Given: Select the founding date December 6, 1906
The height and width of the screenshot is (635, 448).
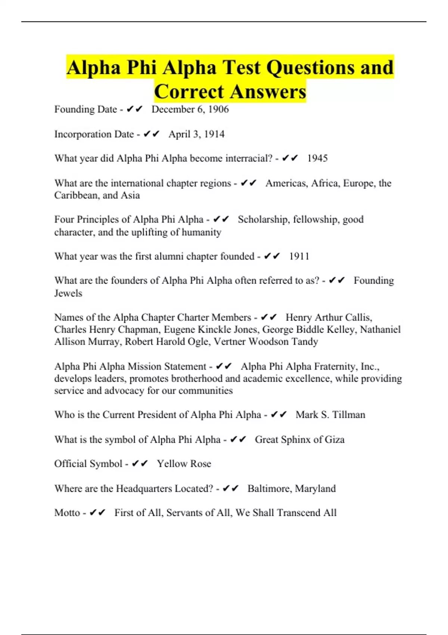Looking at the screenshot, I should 190,109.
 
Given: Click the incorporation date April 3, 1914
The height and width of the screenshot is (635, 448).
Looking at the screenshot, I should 196,134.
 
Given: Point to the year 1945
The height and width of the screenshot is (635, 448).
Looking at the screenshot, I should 317,158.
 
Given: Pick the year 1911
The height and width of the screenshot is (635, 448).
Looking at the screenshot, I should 299,257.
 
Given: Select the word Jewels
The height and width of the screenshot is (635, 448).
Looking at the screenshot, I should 68,293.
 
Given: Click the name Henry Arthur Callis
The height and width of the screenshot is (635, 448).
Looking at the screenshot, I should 329,317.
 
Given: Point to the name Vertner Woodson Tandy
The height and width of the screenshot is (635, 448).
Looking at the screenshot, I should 266,342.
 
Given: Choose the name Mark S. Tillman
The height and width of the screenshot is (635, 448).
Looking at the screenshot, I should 330,415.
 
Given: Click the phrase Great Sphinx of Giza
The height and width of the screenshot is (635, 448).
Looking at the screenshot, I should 299,440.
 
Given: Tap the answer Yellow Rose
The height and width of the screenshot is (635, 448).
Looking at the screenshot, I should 184,464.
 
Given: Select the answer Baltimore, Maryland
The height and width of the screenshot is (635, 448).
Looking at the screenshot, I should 292,489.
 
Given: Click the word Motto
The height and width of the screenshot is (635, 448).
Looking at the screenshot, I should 67,513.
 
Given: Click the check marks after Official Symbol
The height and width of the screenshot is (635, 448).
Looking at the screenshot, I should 140,464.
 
